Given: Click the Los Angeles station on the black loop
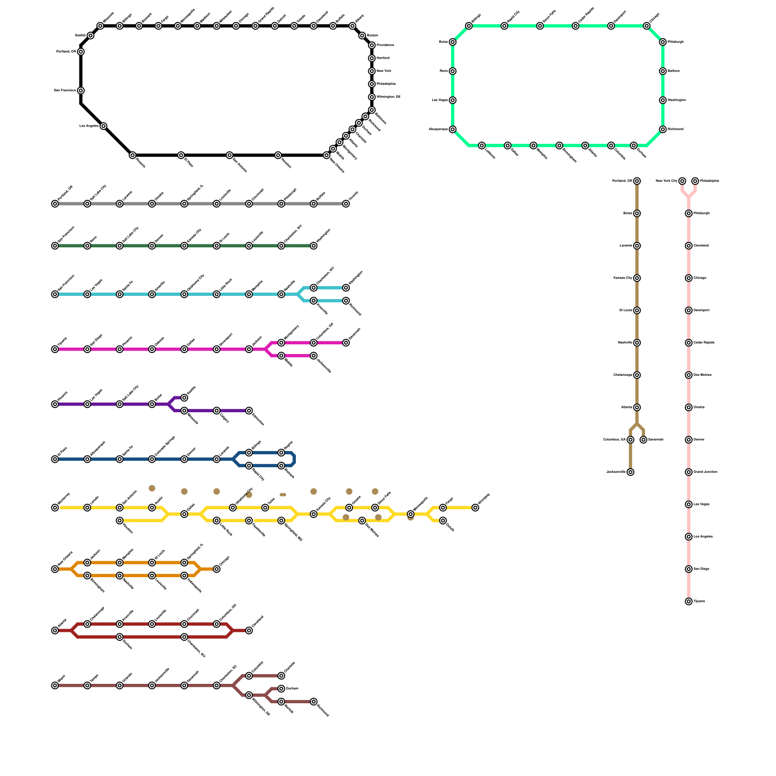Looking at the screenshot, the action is pyautogui.click(x=103, y=126).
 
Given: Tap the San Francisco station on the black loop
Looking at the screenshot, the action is pyautogui.click(x=81, y=91).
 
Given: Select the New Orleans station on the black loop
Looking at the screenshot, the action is pyautogui.click(x=327, y=155).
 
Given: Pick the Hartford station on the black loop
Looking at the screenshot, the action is pyautogui.click(x=372, y=58).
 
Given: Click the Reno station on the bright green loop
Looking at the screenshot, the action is pyautogui.click(x=453, y=71).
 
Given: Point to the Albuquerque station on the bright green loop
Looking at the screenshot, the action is pyautogui.click(x=453, y=129).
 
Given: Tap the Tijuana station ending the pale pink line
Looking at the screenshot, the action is pyautogui.click(x=689, y=601).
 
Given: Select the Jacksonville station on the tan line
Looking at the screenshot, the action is pyautogui.click(x=630, y=472).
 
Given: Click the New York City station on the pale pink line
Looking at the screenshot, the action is pyautogui.click(x=682, y=181).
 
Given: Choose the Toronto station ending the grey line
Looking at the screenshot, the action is pyautogui.click(x=346, y=204).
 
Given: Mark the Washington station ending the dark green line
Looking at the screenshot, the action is pyautogui.click(x=314, y=246).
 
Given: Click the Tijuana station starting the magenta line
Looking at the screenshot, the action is pyautogui.click(x=55, y=349).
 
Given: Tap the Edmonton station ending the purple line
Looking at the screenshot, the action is pyautogui.click(x=249, y=411).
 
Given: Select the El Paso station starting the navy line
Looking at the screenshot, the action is pyautogui.click(x=55, y=459).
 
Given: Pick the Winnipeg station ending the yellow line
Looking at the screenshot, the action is pyautogui.click(x=475, y=508).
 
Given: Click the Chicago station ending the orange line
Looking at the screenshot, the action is pyautogui.click(x=217, y=569).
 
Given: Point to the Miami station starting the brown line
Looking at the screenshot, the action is pyautogui.click(x=55, y=685).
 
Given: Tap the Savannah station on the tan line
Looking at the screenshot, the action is pyautogui.click(x=644, y=440).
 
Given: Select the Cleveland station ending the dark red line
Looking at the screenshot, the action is pyautogui.click(x=249, y=630).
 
